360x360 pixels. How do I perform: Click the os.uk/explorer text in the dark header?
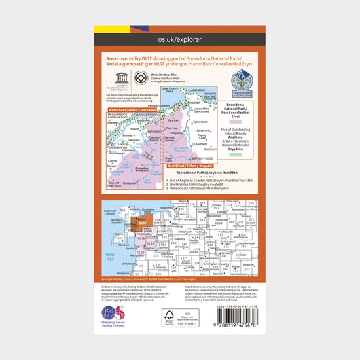180,41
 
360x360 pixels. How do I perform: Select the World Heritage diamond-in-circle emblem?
139,77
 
